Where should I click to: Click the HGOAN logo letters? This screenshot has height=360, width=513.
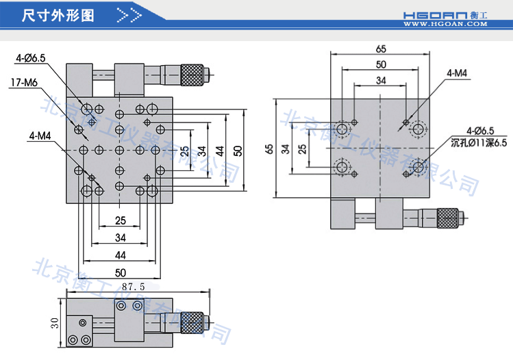[435, 13]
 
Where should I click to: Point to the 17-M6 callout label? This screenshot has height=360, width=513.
[24, 83]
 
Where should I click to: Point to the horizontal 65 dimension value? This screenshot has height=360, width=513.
[381, 48]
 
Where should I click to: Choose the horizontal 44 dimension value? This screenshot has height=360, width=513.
[120, 255]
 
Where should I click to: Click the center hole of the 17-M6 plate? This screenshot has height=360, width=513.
[119, 149]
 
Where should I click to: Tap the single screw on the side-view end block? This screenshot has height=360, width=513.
[82, 322]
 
